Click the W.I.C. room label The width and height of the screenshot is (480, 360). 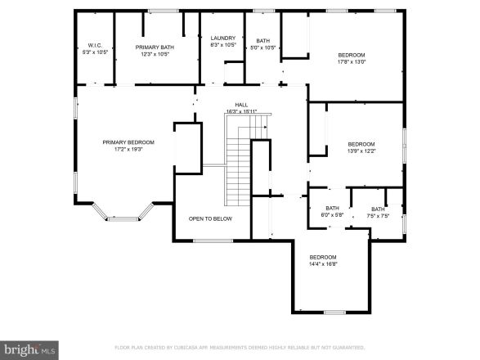coord(94,45)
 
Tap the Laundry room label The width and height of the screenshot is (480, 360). coord(223,38)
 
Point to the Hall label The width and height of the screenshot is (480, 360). coord(241,105)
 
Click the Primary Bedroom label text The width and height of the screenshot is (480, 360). coord(128,142)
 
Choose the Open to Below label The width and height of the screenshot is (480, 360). coord(210,218)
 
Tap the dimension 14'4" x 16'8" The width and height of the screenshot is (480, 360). coord(323,264)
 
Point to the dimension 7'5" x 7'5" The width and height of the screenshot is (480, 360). coord(378,216)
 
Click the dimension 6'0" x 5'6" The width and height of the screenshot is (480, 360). coord(332,216)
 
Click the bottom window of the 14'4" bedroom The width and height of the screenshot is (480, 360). coord(334,313)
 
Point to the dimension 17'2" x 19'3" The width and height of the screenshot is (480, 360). coord(128,150)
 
